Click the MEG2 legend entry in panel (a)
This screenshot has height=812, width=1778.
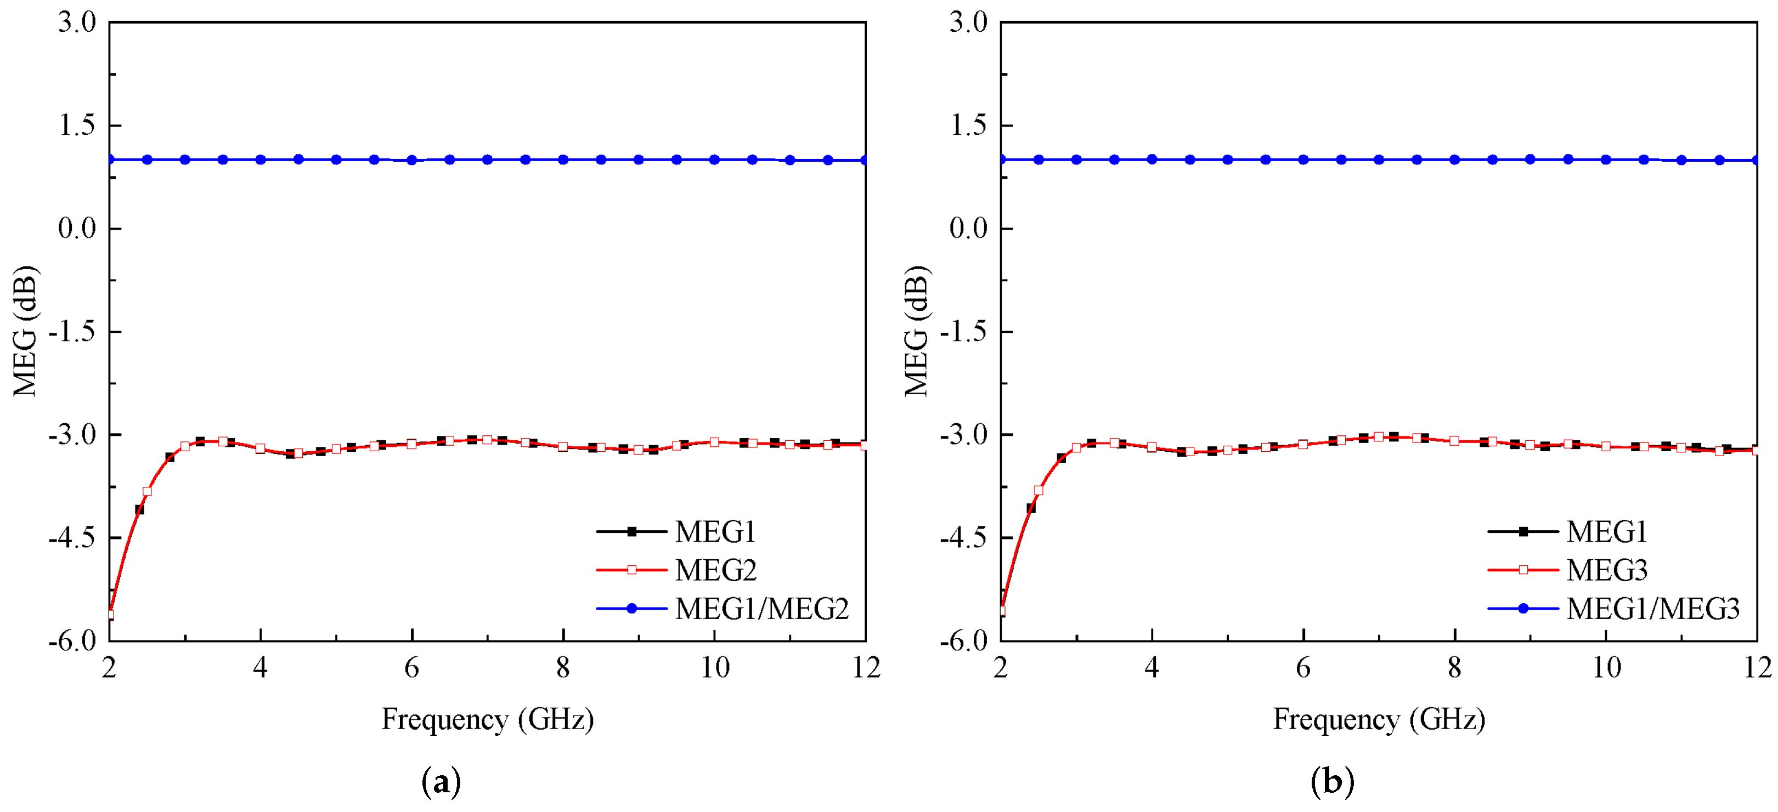pos(715,570)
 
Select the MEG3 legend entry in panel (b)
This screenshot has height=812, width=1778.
pos(1607,570)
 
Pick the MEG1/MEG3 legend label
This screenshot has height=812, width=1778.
pos(1653,609)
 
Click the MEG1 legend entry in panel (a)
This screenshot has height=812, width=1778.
pos(715,531)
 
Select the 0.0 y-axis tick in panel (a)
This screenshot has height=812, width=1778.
pos(77,228)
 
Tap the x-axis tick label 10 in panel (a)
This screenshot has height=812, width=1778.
pos(714,668)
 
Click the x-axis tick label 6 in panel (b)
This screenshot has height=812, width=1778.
pos(1303,668)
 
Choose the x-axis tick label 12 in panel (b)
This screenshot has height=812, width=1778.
pos(1757,668)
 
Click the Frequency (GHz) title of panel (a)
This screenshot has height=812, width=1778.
pos(487,719)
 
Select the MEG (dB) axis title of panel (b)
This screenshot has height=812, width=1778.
pos(917,331)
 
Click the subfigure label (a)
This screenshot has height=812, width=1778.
pos(441,782)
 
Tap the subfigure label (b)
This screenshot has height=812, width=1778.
pos(1332,782)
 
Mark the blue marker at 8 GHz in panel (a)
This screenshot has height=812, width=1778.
pos(563,160)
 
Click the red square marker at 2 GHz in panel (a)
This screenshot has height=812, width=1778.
pos(110,614)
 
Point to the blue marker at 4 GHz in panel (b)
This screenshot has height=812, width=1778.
pos(1152,160)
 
